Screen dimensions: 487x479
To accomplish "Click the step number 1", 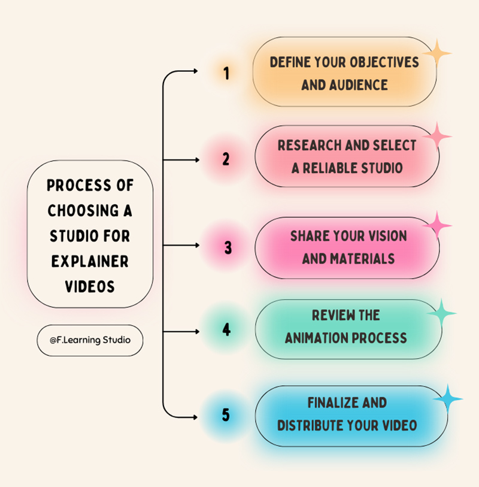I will pyautogui.click(x=226, y=73).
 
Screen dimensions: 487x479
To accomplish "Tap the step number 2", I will pyautogui.click(x=226, y=159).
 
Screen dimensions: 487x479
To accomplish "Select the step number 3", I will pyautogui.click(x=228, y=247).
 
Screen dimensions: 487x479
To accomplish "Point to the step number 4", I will pyautogui.click(x=226, y=329).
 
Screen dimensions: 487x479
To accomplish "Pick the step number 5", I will pyautogui.click(x=226, y=415).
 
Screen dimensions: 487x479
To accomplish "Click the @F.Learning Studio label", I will pyautogui.click(x=90, y=340).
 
